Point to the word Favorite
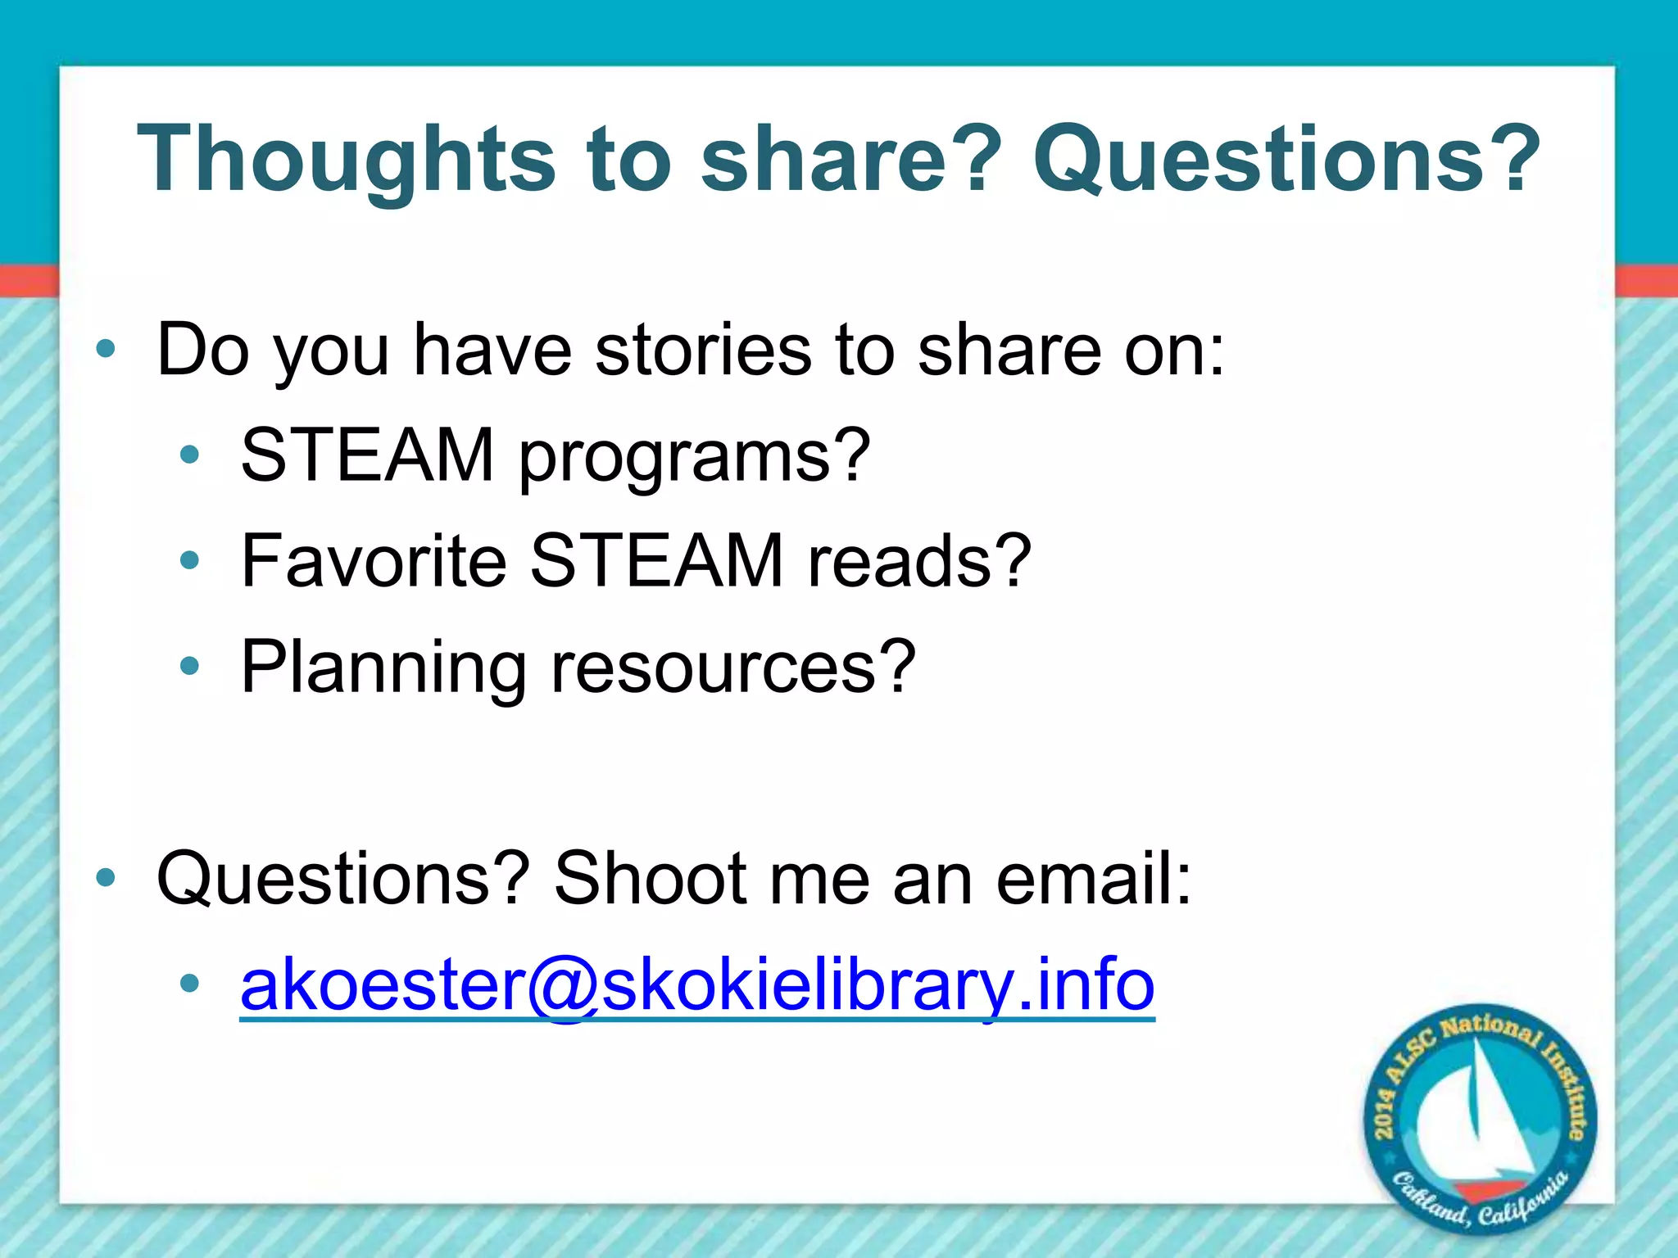click(373, 560)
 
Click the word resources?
click(733, 667)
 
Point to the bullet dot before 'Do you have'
click(106, 350)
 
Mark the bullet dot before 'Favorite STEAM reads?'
click(190, 561)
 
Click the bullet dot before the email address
click(190, 984)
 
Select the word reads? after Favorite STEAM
click(918, 560)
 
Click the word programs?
click(695, 456)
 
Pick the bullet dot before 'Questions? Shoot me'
click(106, 879)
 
